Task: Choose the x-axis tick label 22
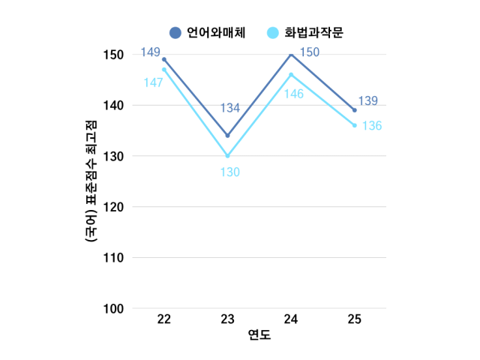tap(164, 319)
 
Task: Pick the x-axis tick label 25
tap(355, 319)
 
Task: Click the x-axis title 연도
tap(259, 334)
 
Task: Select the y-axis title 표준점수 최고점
tap(91, 180)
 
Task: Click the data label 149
tap(151, 52)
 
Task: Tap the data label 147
tap(153, 82)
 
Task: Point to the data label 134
tap(229, 108)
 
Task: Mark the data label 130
tap(229, 172)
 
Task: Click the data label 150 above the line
tap(310, 52)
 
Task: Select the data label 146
tap(293, 94)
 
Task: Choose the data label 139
tap(367, 100)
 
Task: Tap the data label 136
tap(372, 126)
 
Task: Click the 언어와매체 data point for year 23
tap(228, 136)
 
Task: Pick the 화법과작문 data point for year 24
tap(291, 75)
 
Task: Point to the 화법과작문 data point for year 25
tap(355, 125)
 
